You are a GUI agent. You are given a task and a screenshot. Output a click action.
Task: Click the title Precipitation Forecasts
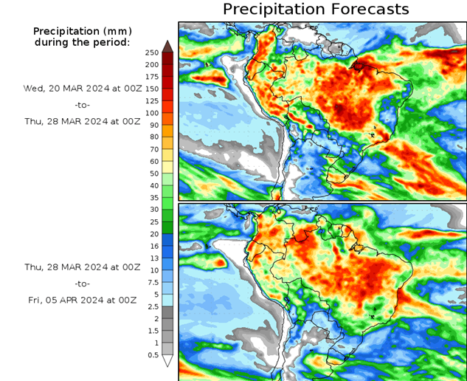(315, 9)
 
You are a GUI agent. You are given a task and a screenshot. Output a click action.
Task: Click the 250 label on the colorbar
(152, 52)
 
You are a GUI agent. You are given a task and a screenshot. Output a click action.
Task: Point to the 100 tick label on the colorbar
(152, 113)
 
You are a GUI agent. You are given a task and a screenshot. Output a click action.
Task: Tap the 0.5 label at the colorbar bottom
(152, 355)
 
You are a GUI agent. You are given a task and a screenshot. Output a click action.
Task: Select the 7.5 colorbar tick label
(152, 282)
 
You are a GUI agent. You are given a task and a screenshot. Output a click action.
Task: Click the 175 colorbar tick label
(152, 77)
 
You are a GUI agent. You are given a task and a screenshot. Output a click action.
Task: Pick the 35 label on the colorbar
(152, 198)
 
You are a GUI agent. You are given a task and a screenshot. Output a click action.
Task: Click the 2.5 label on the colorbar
(152, 306)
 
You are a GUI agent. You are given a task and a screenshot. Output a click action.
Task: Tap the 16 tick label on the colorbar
(152, 246)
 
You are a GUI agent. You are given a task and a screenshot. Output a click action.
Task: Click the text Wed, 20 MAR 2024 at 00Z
(81, 88)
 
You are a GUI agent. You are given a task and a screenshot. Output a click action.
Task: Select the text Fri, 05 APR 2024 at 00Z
(81, 299)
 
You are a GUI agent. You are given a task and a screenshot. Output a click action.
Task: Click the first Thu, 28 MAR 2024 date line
(81, 122)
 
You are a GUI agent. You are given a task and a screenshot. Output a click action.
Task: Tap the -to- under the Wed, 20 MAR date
(81, 105)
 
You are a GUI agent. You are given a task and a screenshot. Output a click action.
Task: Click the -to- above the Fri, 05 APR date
(81, 283)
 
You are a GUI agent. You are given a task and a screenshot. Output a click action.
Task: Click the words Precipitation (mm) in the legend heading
(81, 31)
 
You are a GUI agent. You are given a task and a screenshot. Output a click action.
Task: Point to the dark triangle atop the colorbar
(167, 47)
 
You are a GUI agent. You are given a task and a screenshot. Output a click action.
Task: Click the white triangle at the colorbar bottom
(167, 361)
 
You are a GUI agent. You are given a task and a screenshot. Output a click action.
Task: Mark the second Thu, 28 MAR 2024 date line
(81, 267)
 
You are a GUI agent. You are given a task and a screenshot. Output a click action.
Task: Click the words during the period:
(81, 42)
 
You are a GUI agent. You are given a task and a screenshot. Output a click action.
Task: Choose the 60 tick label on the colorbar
(152, 162)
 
